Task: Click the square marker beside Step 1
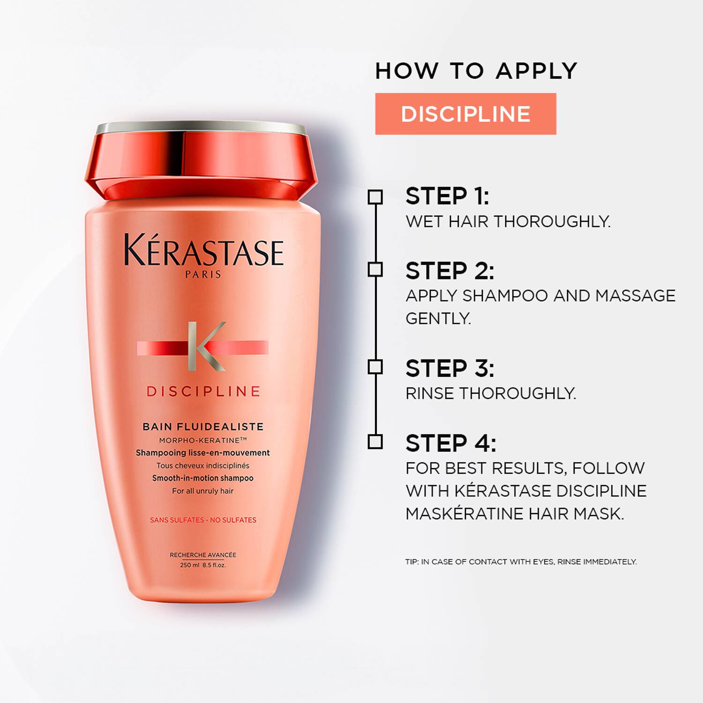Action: tap(375, 197)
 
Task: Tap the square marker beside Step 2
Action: tap(375, 270)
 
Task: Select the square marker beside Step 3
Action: tap(375, 367)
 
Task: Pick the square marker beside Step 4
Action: tap(375, 442)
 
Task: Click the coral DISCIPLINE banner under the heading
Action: tap(465, 114)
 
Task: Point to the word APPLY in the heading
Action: tap(536, 71)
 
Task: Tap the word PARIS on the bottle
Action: tap(203, 275)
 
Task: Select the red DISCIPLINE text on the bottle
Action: tap(203, 392)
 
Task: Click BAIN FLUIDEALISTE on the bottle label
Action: tap(203, 426)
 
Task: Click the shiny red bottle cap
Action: tap(202, 162)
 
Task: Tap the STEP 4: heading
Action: tap(450, 443)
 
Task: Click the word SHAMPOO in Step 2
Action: tap(505, 296)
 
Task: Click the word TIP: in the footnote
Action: tap(412, 562)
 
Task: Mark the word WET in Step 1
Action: tap(424, 222)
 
